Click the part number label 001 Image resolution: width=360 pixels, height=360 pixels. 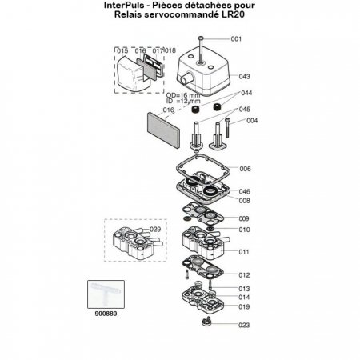tap(235, 38)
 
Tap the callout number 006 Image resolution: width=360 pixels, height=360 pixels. tap(246, 169)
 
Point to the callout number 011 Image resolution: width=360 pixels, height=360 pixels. tap(246, 250)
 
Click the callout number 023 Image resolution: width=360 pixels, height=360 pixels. tap(245, 326)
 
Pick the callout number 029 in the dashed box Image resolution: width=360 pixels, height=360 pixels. tap(155, 230)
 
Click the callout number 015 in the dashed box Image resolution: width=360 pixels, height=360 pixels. tap(122, 51)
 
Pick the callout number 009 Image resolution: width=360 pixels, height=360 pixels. tap(245, 218)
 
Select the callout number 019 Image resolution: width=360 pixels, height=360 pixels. tap(245, 306)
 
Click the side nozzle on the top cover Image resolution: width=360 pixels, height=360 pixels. tap(185, 79)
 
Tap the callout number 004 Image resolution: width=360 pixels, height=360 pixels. tap(252, 122)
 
